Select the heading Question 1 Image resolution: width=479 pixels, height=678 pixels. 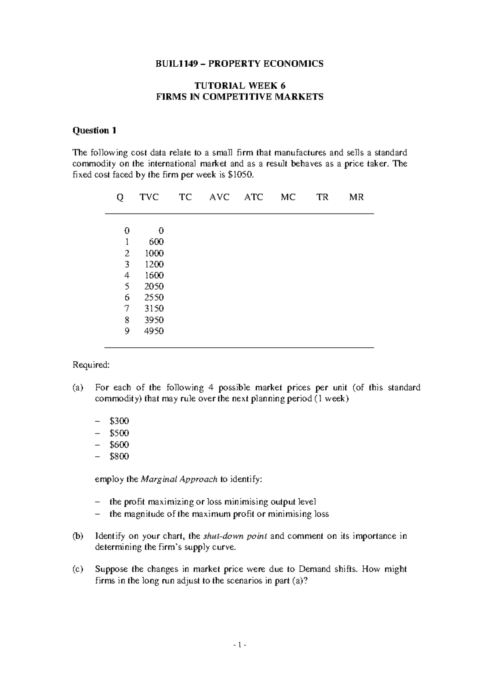pos(94,131)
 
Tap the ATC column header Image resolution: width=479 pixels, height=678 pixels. pos(253,197)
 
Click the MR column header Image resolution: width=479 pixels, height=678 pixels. pos(356,197)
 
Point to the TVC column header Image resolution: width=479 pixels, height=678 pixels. pos(149,197)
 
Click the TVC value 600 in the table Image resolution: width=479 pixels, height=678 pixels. pos(156,242)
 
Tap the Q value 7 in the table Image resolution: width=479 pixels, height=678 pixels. pos(127,309)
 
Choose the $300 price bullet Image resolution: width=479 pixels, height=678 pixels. pos(119,421)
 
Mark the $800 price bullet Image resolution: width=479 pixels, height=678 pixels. pos(119,456)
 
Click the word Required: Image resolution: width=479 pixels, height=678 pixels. pos(90,365)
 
